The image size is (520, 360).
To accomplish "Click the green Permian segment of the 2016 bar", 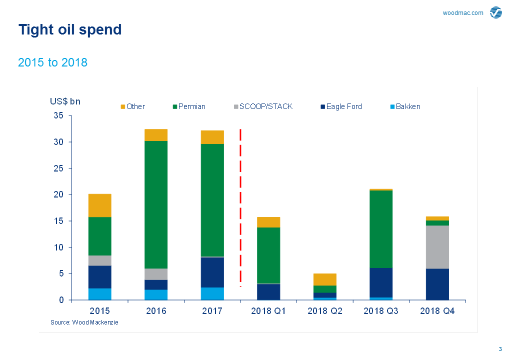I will (156, 204).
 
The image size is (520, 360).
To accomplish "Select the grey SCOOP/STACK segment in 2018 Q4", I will (437, 247).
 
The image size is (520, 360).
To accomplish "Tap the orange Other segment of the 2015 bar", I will (100, 205).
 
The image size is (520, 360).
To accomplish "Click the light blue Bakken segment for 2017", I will (212, 293).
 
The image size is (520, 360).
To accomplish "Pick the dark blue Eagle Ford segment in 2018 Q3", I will (381, 282).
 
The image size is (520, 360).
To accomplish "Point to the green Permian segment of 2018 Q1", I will (268, 255).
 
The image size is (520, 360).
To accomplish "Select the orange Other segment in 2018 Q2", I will (325, 279).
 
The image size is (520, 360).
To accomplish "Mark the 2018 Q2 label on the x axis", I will (325, 311).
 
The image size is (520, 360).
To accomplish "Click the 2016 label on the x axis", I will (156, 311).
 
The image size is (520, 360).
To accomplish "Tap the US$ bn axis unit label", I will (65, 101).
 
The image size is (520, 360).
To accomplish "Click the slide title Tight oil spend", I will (70, 29).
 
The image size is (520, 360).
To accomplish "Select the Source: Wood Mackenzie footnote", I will (84, 322).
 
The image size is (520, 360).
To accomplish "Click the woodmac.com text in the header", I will (463, 13).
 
